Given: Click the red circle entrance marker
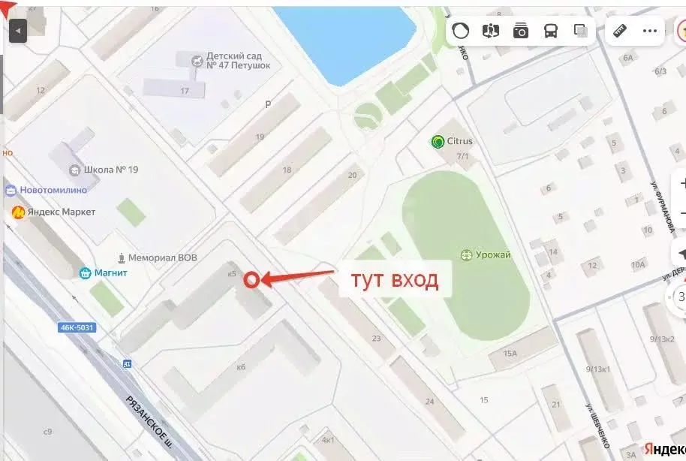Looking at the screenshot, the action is pyautogui.click(x=252, y=279).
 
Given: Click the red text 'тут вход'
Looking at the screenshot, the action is pyautogui.click(x=394, y=280).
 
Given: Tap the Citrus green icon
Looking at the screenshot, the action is pyautogui.click(x=438, y=141).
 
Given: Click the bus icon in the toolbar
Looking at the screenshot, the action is pyautogui.click(x=551, y=31).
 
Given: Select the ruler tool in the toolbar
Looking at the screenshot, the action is pyautogui.click(x=620, y=31).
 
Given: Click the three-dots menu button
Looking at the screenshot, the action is pyautogui.click(x=650, y=31).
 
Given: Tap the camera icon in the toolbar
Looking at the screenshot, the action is pyautogui.click(x=521, y=31).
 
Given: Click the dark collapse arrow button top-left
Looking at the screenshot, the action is pyautogui.click(x=17, y=31).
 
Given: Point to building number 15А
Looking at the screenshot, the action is pyautogui.click(x=511, y=353).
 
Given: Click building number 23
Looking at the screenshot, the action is pyautogui.click(x=376, y=339).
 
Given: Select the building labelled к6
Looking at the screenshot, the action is pyautogui.click(x=241, y=367).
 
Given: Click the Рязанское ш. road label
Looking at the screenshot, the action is pyautogui.click(x=153, y=422).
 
